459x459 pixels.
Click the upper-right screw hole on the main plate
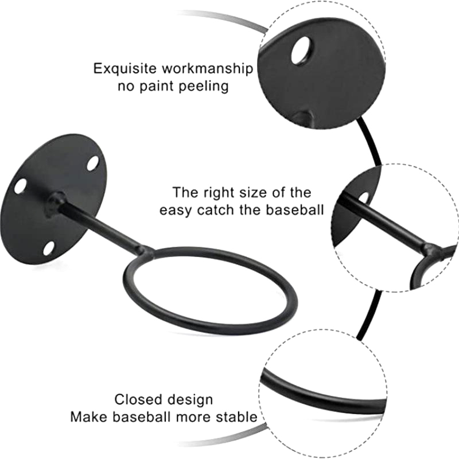tap(92, 162)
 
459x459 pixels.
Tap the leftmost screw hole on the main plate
tap(20, 186)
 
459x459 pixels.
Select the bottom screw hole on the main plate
tap(49, 248)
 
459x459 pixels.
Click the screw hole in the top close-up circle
tap(301, 50)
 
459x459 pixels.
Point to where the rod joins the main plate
tap(55, 202)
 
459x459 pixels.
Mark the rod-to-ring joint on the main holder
tap(143, 251)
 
